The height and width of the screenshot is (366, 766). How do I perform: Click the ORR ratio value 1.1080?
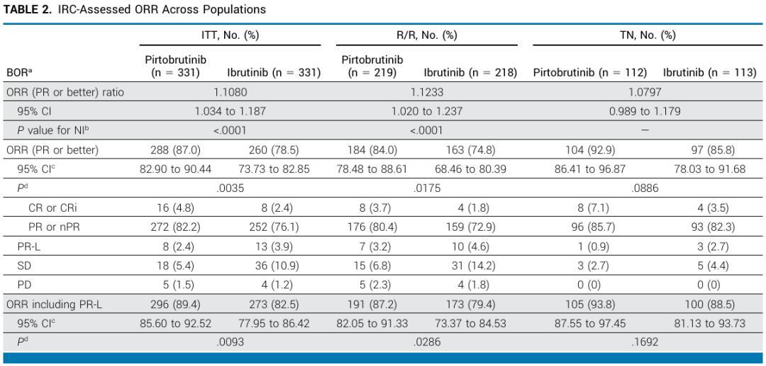tap(230, 92)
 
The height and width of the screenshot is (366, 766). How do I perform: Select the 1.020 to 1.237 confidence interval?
tap(426, 111)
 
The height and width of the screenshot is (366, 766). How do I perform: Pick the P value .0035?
tap(230, 188)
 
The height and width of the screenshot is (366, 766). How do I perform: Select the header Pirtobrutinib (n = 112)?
tap(589, 73)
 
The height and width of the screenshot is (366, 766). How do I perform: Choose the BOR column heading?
tap(18, 73)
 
